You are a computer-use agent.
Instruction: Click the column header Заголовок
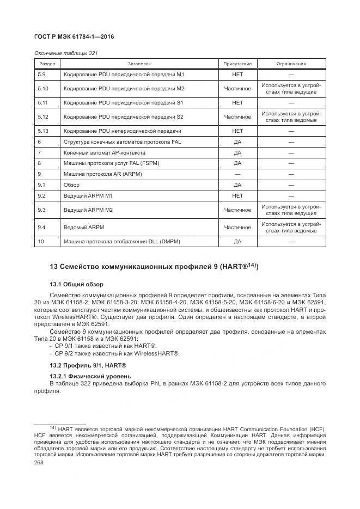[x=139, y=64]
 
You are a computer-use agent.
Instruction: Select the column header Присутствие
[x=237, y=64]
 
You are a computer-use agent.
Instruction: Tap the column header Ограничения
[x=291, y=64]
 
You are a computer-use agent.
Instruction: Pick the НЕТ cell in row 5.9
[x=237, y=74]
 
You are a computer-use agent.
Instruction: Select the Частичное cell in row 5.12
[x=237, y=117]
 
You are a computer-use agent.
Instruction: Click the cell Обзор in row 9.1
[x=72, y=185]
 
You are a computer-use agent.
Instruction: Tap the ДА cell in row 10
[x=237, y=241]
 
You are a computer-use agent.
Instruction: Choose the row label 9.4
[x=42, y=227]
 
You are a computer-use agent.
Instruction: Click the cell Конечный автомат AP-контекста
[x=109, y=152]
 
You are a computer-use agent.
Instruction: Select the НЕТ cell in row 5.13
[x=237, y=131]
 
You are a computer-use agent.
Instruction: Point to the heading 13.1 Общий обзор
[x=76, y=284]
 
